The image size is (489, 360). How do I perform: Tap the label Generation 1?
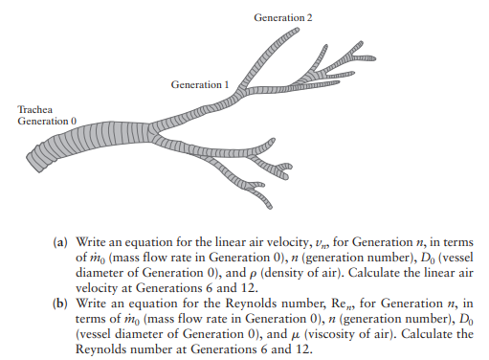[200, 85]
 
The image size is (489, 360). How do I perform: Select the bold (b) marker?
[57, 301]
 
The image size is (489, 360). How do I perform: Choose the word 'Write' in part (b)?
[91, 301]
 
